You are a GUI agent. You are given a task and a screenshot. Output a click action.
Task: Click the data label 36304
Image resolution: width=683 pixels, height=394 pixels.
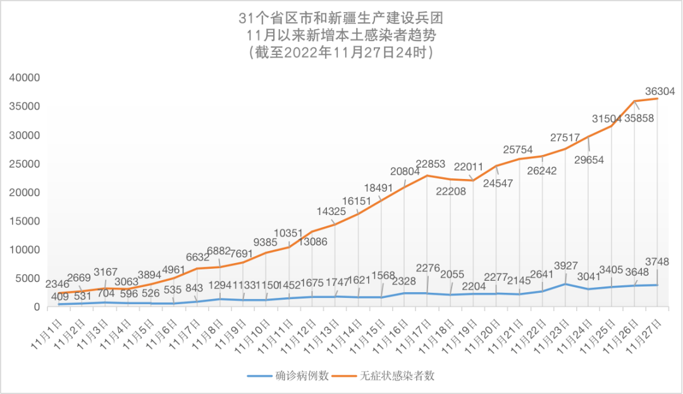click(x=660, y=91)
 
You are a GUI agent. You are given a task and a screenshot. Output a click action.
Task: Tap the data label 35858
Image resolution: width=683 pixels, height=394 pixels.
click(x=637, y=118)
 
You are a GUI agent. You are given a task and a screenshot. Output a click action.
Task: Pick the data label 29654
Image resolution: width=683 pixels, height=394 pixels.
click(x=589, y=160)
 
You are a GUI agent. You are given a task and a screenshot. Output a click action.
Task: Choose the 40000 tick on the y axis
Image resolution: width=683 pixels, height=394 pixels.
click(x=25, y=78)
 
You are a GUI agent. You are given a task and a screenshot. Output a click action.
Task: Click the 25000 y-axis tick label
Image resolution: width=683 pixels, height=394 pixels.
click(x=25, y=164)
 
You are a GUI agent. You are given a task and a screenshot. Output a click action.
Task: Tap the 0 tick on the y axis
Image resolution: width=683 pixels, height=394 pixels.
click(x=37, y=307)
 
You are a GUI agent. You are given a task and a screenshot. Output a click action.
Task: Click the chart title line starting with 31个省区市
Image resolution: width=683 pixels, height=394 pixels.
click(x=341, y=17)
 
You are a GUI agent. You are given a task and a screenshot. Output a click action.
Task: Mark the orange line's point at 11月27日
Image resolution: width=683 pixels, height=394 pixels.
click(x=658, y=98)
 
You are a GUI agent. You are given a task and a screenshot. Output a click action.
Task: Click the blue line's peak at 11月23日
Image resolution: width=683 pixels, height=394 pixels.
click(x=565, y=284)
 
